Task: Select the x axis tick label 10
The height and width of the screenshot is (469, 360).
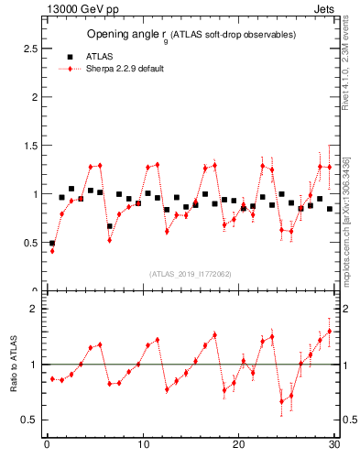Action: pyautogui.click(x=143, y=446)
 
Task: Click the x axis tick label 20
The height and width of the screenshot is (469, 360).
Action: pyautogui.click(x=238, y=446)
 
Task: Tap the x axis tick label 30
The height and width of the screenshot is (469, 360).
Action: pyautogui.click(x=333, y=446)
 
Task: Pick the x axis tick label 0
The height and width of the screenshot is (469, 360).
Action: pyautogui.click(x=47, y=446)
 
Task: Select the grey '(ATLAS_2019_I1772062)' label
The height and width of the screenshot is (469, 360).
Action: pyautogui.click(x=191, y=274)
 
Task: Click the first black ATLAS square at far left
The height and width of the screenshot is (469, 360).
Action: pyautogui.click(x=52, y=244)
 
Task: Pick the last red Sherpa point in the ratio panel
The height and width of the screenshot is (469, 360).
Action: pyautogui.click(x=330, y=332)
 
